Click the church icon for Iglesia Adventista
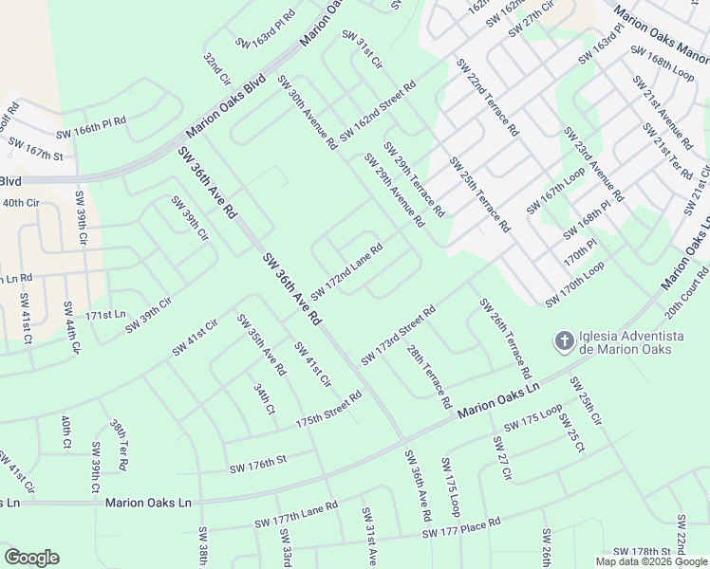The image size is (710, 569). [563, 340]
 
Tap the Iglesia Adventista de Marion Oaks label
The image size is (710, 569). [627, 342]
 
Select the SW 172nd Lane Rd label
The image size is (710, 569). [346, 269]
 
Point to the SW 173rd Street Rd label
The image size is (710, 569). [398, 335]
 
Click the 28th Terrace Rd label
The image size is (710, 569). [428, 377]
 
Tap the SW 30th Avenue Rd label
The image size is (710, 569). [308, 114]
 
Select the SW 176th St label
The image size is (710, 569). [257, 464]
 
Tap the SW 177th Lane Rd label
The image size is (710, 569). [296, 516]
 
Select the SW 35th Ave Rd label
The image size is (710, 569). [261, 345]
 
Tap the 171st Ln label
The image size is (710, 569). [105, 314]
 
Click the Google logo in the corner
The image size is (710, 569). [31, 558]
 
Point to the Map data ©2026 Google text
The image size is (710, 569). [650, 561]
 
